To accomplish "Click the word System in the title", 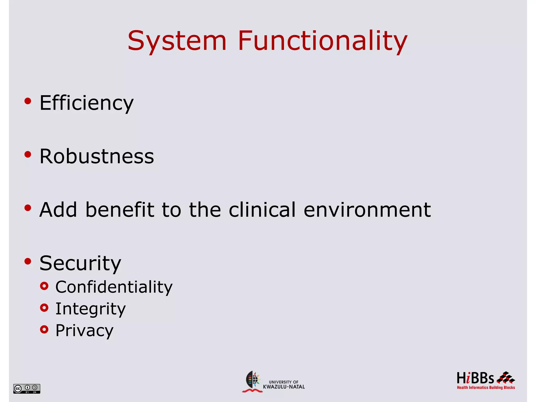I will pos(177,41).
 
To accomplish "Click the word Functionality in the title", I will pos(322,41).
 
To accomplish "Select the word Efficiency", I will pos(86,103).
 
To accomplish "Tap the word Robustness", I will pos(97,156).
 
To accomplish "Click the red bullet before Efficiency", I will pos(28,101).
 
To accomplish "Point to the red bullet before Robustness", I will pos(28,154).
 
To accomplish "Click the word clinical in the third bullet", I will pos(262,210).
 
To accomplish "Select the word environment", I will pos(367,210).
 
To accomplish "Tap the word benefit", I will pos(120,210).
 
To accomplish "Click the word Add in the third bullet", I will pos(58,210).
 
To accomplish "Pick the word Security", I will pos(80,263).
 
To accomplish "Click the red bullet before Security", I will pos(28,261).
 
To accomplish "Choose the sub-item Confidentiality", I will pos(114,287).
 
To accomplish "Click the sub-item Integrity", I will pos(91,309).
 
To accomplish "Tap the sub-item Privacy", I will pos(84,330).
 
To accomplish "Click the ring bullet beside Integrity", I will pos(44,308).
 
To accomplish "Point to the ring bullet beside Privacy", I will pos(44,330).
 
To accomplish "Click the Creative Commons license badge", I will pos(27,388).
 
